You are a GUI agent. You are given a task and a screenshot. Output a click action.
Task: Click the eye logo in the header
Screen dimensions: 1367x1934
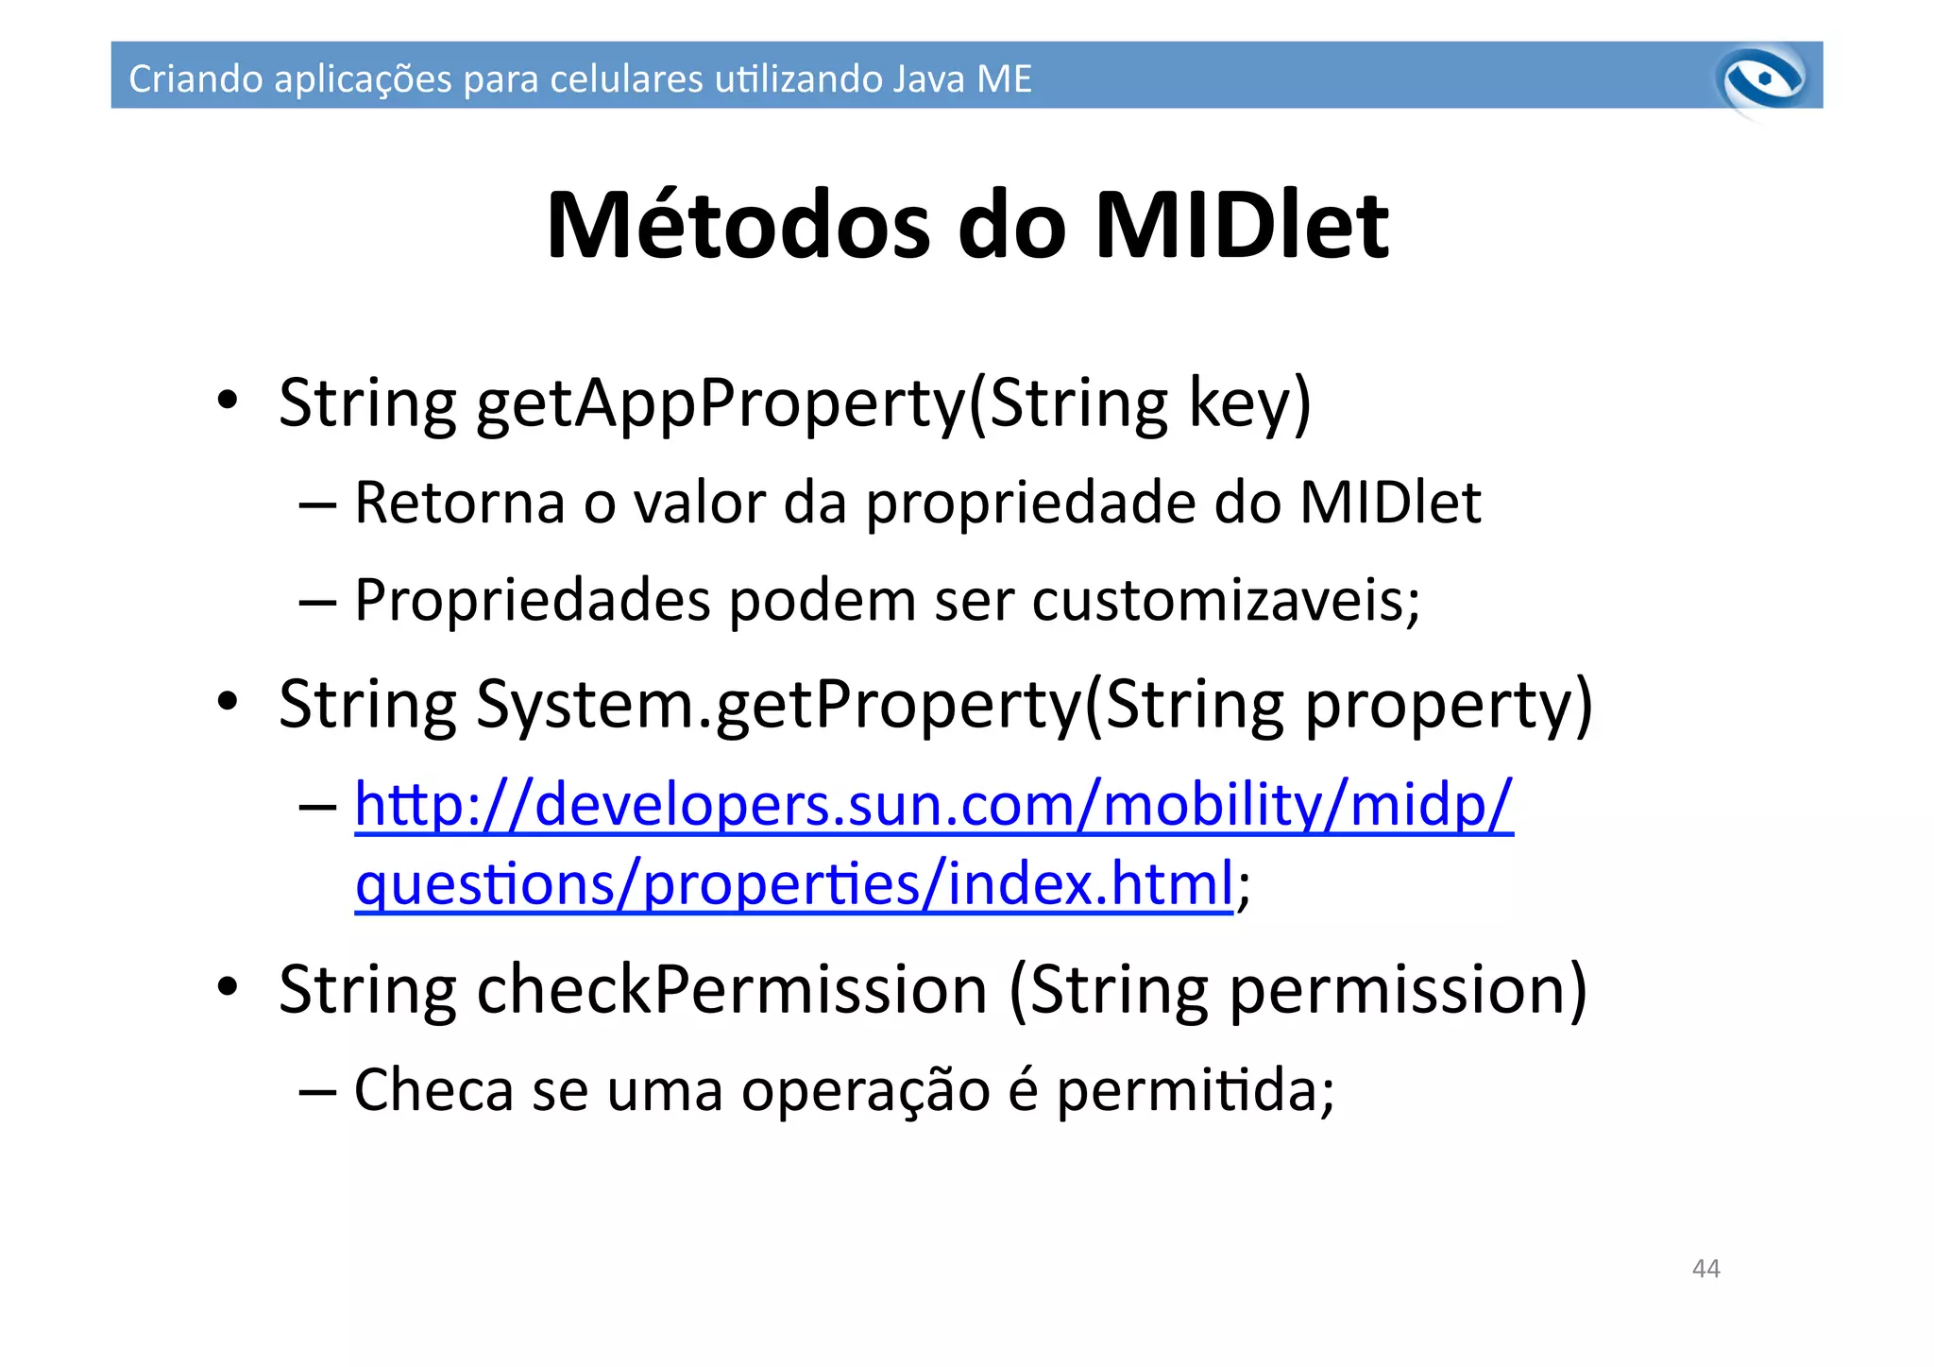click(1762, 79)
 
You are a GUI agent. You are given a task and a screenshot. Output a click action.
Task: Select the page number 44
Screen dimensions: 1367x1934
click(1705, 1269)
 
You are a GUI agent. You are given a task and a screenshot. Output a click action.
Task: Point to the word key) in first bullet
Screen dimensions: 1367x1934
click(1249, 403)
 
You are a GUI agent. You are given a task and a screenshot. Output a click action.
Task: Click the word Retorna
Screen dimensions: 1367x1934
click(459, 503)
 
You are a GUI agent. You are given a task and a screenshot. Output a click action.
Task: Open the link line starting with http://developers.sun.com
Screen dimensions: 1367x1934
click(933, 806)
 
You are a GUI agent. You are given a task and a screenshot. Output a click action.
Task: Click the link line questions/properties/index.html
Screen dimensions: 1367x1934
click(793, 885)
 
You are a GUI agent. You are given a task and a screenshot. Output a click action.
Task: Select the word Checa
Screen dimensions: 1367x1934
click(433, 1089)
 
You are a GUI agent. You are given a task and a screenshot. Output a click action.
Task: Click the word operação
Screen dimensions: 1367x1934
click(865, 1091)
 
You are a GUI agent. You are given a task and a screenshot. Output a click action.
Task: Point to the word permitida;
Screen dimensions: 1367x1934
click(1195, 1091)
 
